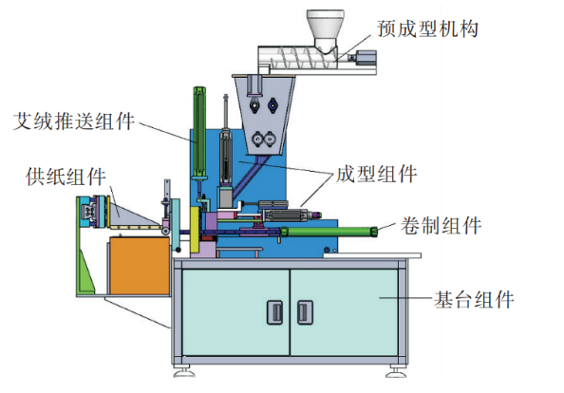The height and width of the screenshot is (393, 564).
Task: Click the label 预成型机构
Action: [x=427, y=28]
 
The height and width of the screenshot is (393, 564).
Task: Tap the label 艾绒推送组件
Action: [x=74, y=121]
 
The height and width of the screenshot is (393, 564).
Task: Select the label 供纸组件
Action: [x=66, y=177]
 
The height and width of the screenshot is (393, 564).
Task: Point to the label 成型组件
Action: [x=376, y=174]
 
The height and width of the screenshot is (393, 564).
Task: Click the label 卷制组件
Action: [x=441, y=226]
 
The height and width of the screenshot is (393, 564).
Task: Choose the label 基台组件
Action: [x=474, y=300]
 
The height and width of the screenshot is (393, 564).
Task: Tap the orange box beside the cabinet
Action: [x=140, y=266]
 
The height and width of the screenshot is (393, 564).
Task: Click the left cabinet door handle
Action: [x=274, y=312]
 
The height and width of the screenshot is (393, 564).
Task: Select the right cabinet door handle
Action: [x=305, y=312]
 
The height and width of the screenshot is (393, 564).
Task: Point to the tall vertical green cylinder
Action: [x=198, y=132]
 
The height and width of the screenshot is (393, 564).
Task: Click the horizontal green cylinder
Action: [x=329, y=232]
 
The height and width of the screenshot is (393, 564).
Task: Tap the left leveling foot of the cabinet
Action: [x=184, y=371]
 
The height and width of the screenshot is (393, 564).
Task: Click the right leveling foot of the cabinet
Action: [x=396, y=371]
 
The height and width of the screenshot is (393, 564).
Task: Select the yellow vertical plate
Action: [x=195, y=230]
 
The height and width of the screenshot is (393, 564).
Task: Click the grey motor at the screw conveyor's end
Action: [x=365, y=59]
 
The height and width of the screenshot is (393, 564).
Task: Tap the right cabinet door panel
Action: [x=344, y=312]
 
